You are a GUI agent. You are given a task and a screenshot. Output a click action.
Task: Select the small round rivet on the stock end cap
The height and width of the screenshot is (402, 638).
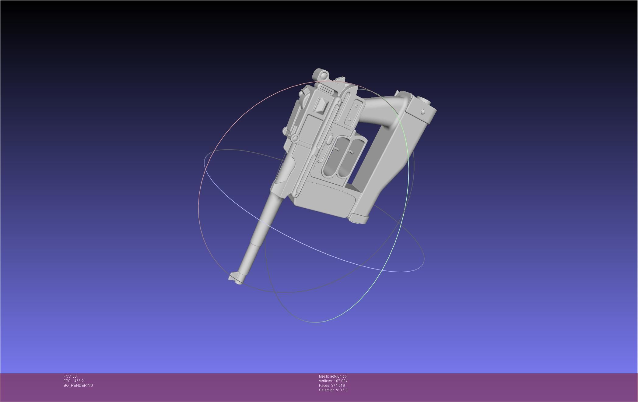pos(423,112)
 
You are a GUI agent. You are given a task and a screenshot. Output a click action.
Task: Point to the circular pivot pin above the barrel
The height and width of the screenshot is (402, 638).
pos(295,139)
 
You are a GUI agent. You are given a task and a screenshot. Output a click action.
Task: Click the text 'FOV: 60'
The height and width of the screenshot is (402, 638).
pos(70,376)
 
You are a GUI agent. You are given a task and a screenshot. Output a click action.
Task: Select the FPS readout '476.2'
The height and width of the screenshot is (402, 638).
pos(79,381)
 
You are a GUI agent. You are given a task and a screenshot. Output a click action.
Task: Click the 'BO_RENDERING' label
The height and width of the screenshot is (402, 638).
pos(78,386)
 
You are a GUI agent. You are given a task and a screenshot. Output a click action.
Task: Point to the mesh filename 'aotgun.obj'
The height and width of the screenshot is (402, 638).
pos(338,376)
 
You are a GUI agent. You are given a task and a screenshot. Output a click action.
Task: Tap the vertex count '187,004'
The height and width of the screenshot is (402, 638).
pos(341,381)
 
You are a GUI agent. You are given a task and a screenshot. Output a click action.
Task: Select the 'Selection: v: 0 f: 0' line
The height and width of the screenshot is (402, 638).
pos(333,390)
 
